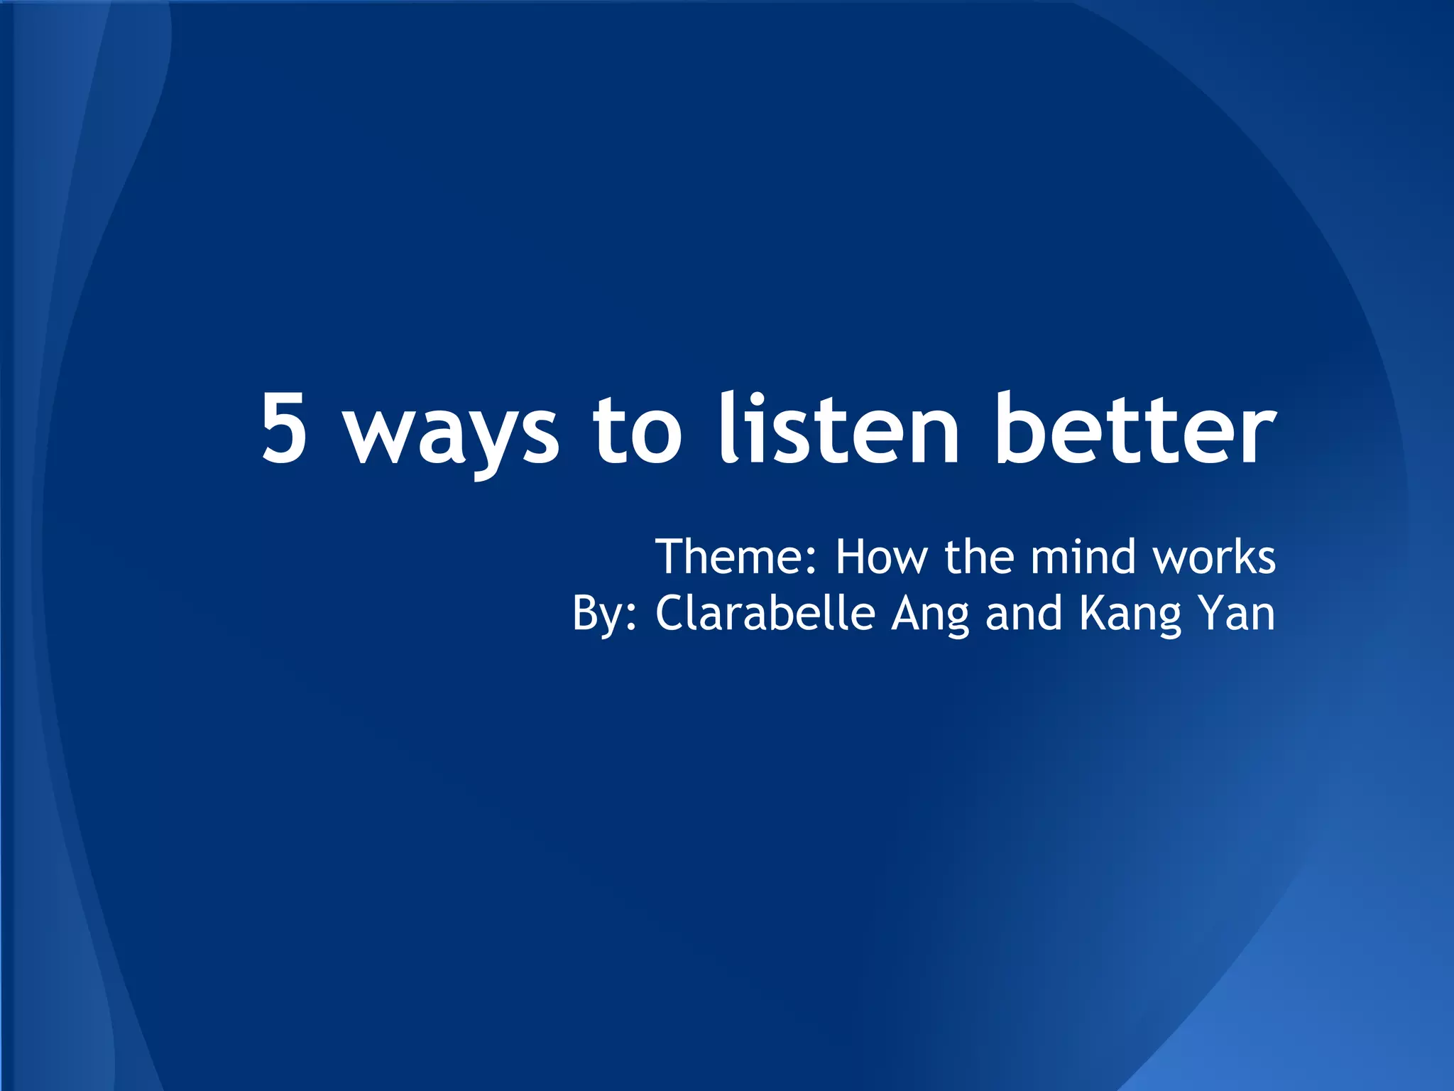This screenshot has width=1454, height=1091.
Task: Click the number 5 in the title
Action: (x=285, y=429)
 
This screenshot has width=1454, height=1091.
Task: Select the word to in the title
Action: (x=637, y=430)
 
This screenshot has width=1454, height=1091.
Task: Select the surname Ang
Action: (x=930, y=615)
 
